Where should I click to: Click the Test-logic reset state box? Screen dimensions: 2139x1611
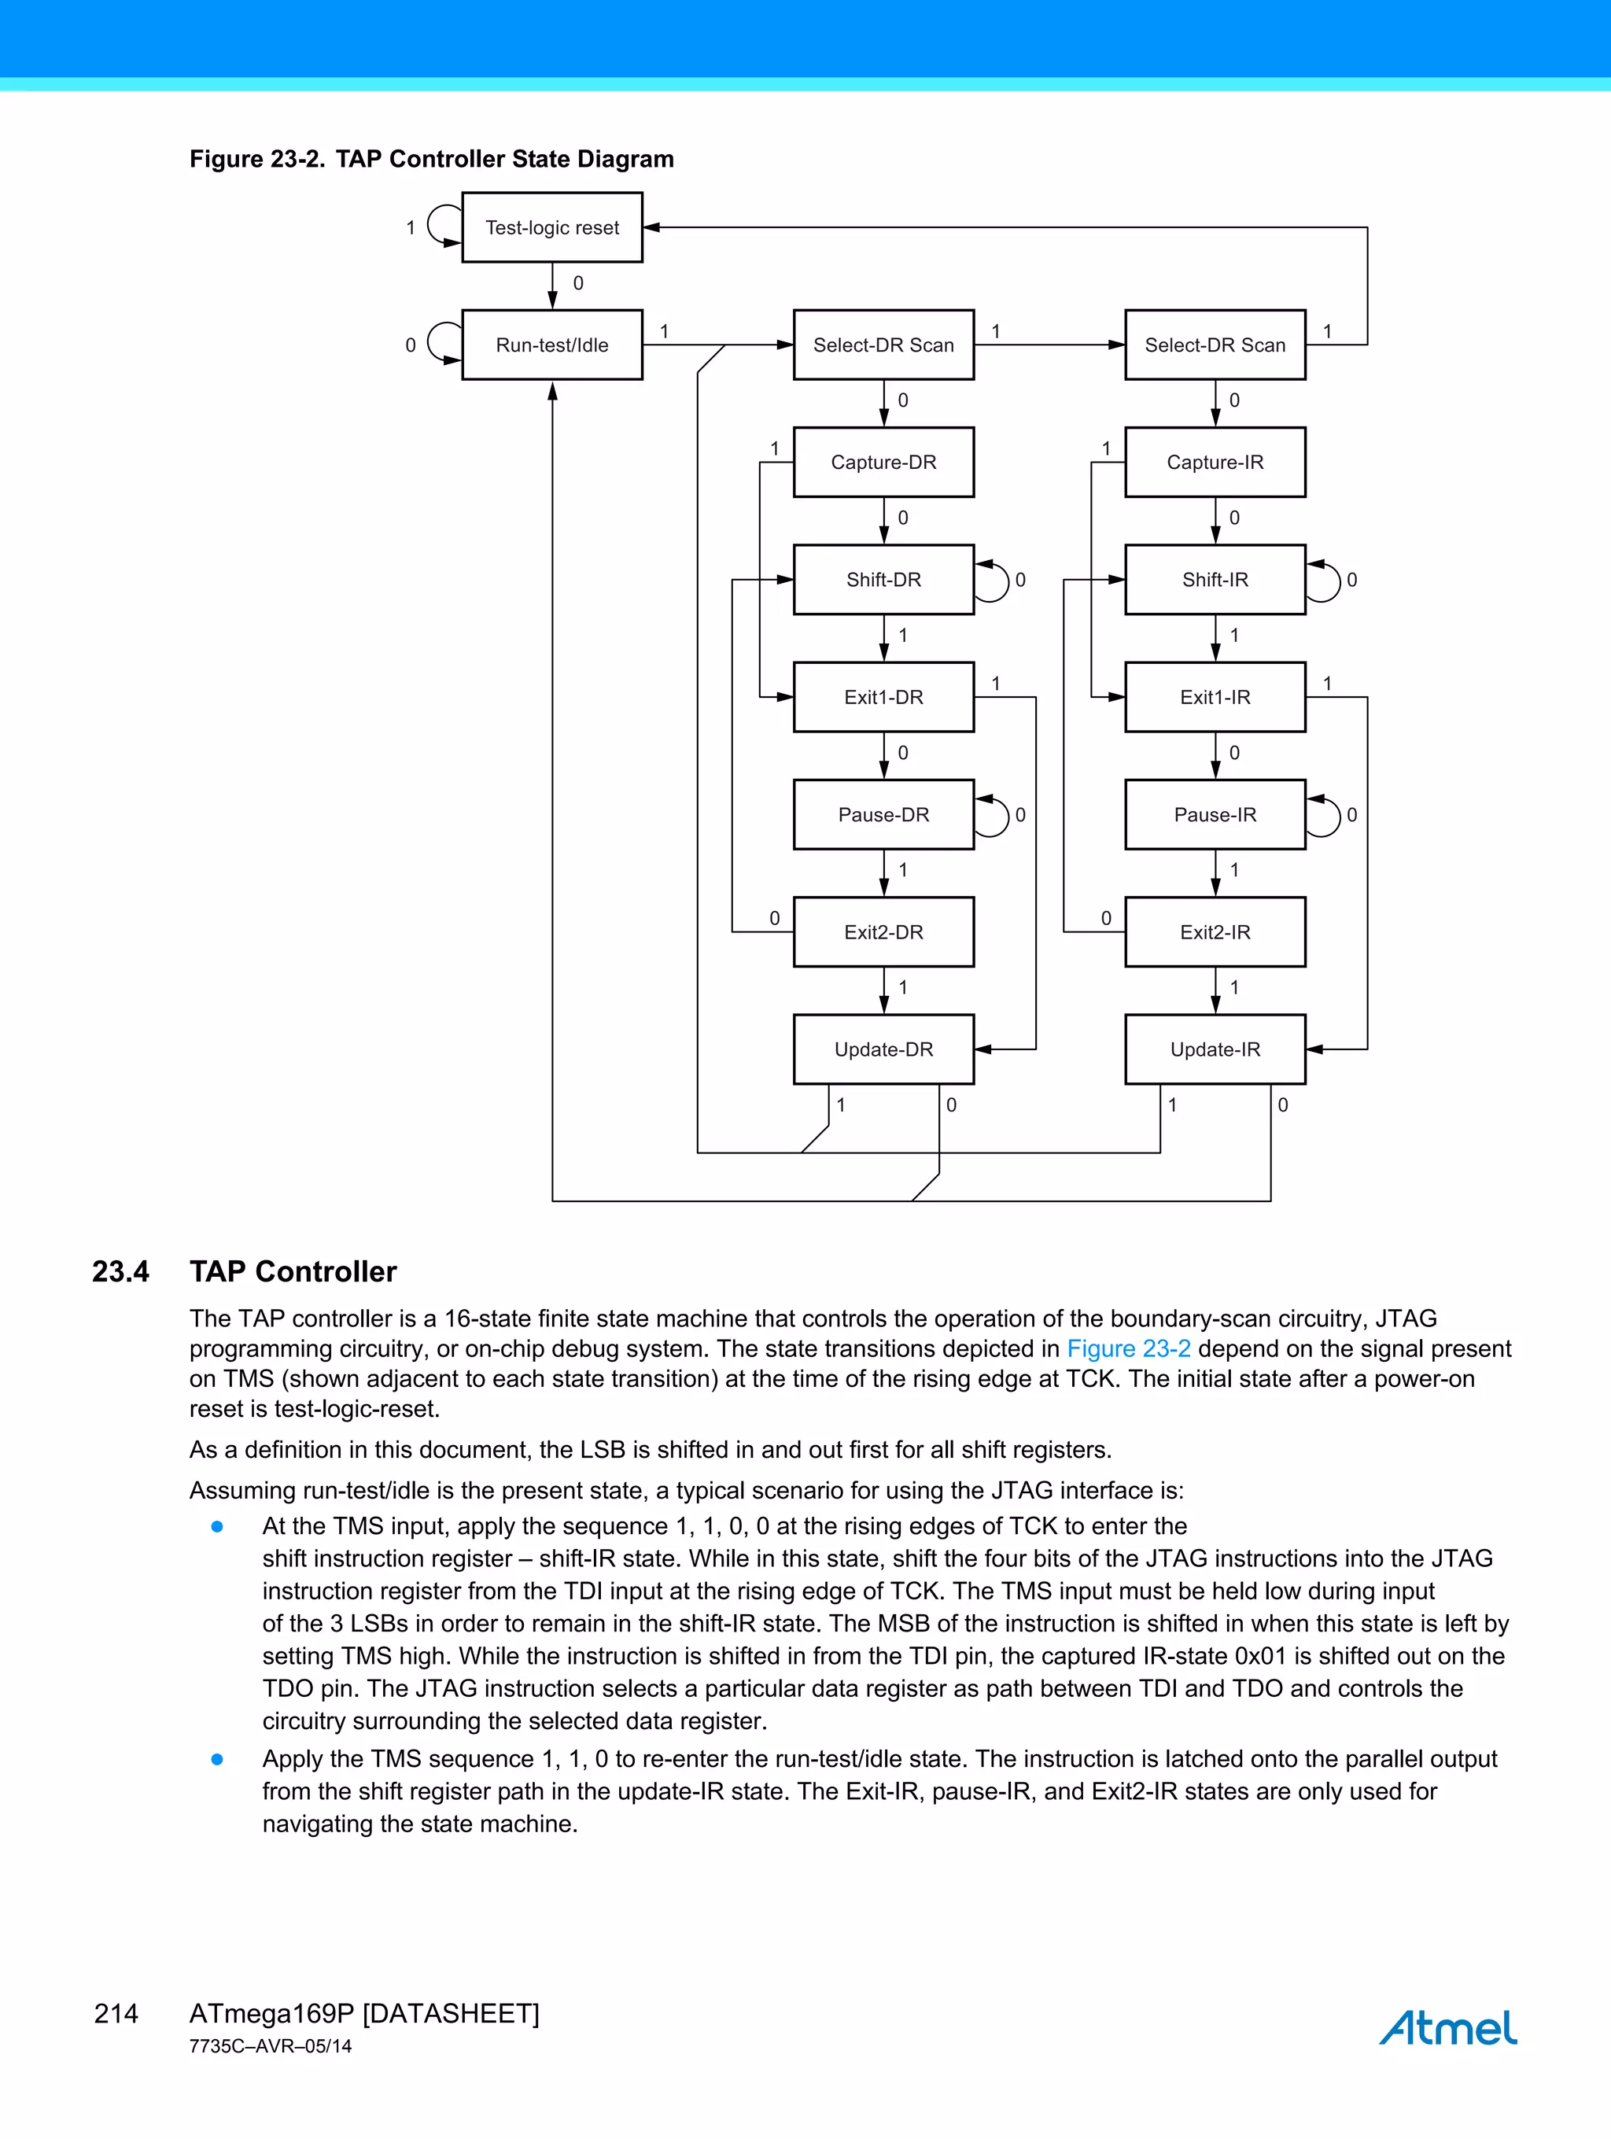tap(552, 227)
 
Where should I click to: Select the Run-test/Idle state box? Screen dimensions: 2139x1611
tap(552, 345)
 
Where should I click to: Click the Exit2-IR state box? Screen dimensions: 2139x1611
tap(1215, 932)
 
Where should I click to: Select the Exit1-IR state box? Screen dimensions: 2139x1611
tap(1215, 697)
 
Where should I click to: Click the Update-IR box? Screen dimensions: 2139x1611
tap(1215, 1049)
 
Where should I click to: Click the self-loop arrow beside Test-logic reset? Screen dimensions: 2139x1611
tap(441, 227)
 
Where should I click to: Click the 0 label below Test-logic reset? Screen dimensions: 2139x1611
tap(578, 283)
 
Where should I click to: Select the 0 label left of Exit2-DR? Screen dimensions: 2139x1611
tap(775, 918)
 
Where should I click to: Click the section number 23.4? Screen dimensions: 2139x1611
tap(121, 1270)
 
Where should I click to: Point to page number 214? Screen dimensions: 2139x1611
tap(116, 2013)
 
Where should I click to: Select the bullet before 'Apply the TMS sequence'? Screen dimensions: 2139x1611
tap(218, 1759)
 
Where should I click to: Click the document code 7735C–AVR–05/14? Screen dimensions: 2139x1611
tap(271, 2046)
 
